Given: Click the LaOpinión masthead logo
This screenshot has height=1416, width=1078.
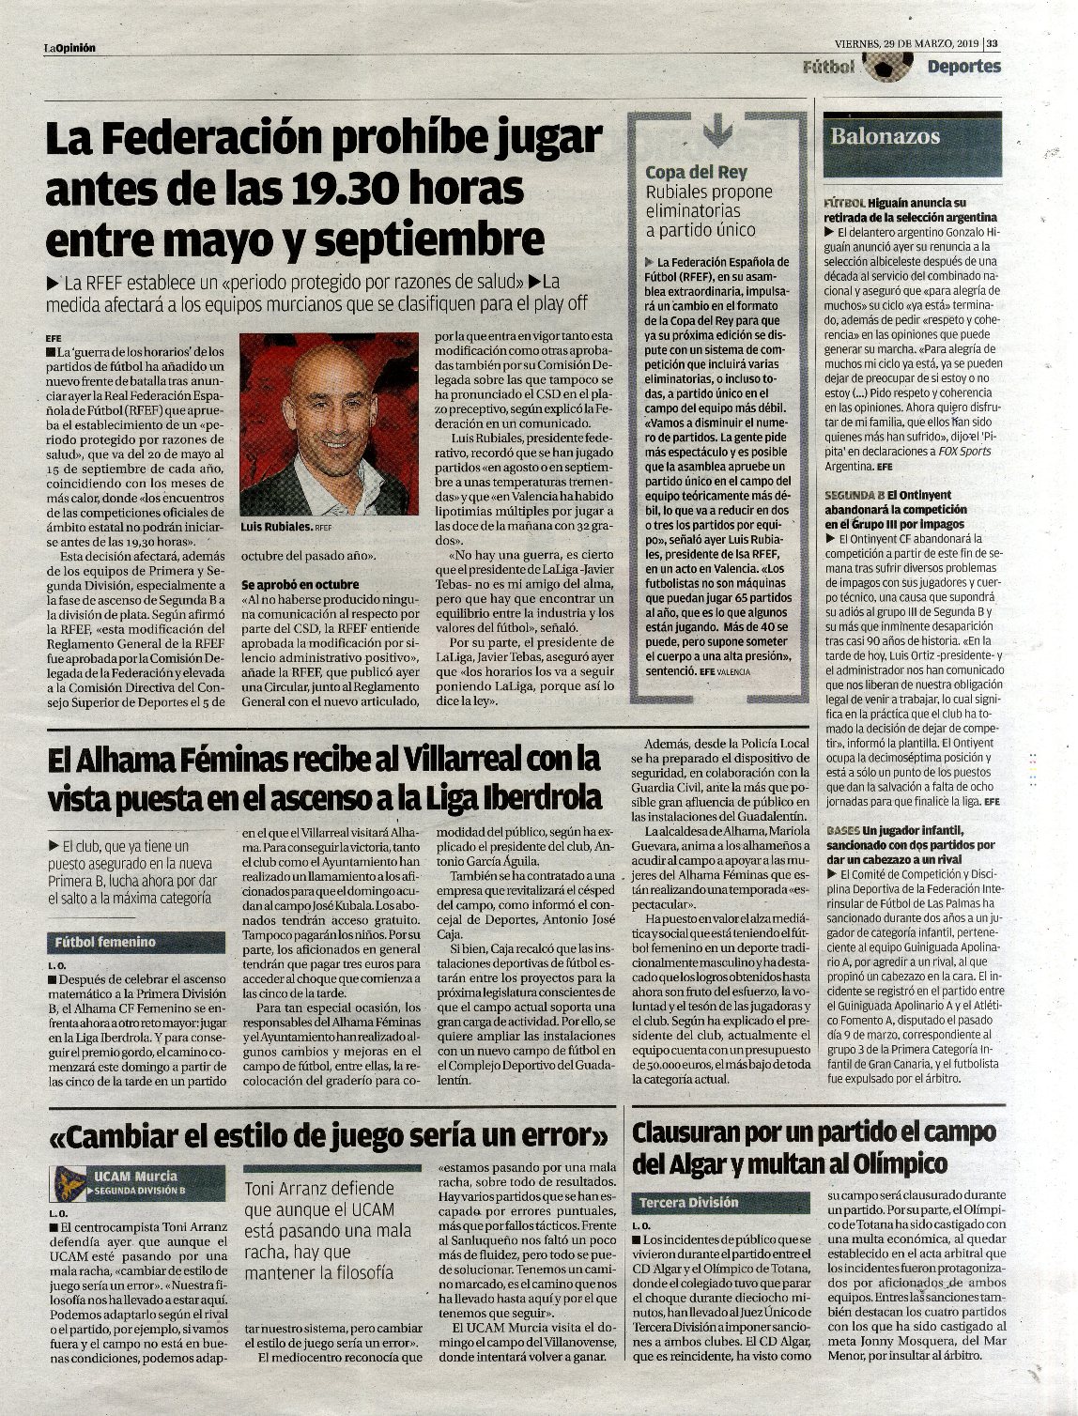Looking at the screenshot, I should tap(70, 48).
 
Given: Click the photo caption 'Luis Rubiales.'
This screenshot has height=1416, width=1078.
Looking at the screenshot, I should tap(277, 528).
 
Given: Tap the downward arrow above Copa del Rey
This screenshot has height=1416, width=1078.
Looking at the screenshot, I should tap(717, 130).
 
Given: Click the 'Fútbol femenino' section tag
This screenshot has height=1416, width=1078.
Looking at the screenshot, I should tap(105, 942).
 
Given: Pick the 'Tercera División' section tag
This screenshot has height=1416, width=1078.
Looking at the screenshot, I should tap(689, 1202).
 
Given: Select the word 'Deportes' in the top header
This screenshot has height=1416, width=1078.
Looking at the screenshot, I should tap(963, 67).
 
